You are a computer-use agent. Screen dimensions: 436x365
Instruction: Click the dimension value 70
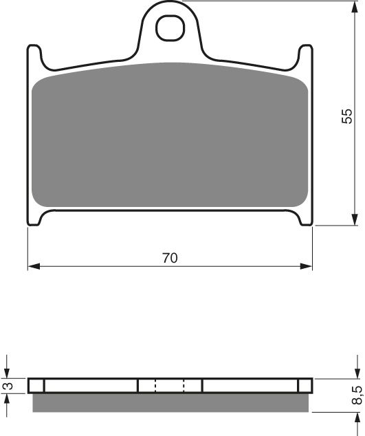click(x=170, y=259)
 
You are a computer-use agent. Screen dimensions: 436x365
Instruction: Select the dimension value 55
click(x=347, y=116)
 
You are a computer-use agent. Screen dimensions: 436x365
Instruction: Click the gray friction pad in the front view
click(x=170, y=138)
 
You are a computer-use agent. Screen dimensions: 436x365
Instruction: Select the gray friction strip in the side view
click(x=170, y=402)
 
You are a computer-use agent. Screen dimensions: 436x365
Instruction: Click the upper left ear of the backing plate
click(x=33, y=55)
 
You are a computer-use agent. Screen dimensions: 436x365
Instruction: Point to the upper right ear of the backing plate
click(x=306, y=55)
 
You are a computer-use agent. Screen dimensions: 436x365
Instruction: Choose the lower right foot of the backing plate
click(x=305, y=218)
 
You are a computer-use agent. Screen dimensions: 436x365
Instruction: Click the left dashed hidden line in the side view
click(x=155, y=386)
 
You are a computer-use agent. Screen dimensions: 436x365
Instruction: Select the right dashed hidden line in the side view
click(x=184, y=386)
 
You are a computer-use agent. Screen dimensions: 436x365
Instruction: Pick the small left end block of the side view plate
click(x=36, y=386)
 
